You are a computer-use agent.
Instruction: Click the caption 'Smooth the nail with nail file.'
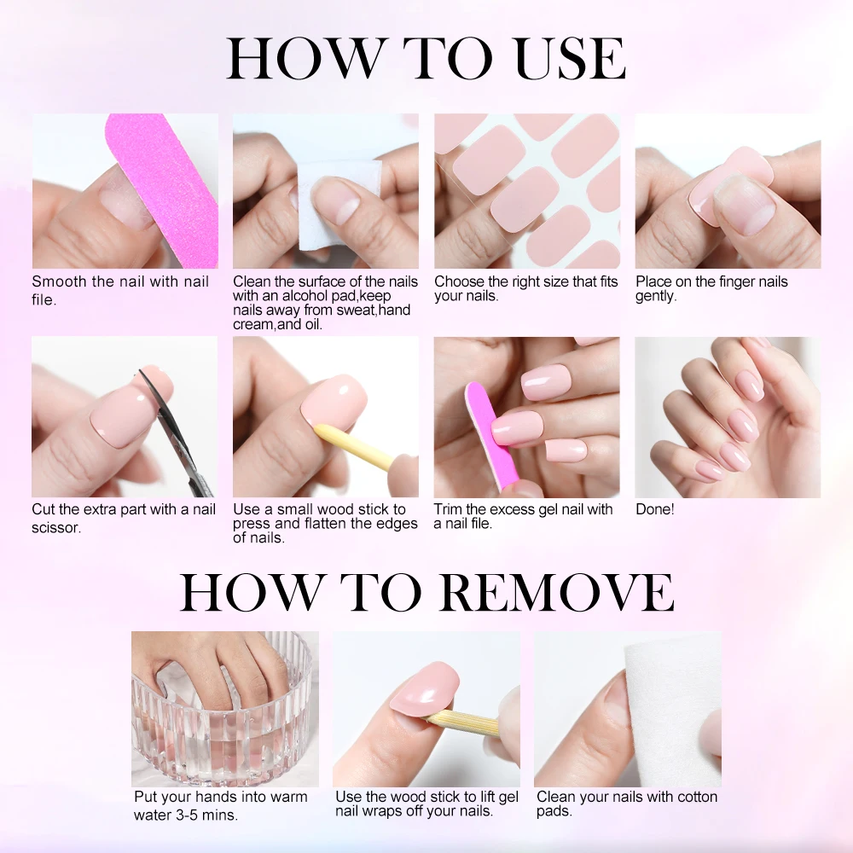(x=119, y=289)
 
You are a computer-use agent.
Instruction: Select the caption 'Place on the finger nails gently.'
(x=711, y=288)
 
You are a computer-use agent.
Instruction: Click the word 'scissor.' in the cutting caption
(x=56, y=527)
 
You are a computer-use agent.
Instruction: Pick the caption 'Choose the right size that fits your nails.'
(x=525, y=288)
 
